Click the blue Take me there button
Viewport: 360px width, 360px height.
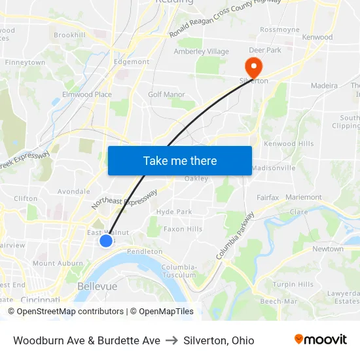click(x=180, y=160)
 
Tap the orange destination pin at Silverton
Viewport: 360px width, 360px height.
click(x=252, y=66)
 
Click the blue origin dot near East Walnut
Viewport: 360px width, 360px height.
click(x=106, y=241)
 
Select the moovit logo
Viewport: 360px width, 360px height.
click(x=321, y=339)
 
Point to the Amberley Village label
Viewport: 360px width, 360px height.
click(x=201, y=52)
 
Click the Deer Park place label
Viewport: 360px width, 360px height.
click(x=264, y=50)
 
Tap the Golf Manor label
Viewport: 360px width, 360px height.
click(x=166, y=94)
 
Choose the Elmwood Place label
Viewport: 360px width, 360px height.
click(x=86, y=94)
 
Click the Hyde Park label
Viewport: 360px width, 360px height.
click(x=174, y=211)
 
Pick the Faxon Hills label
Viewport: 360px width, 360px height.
click(x=183, y=229)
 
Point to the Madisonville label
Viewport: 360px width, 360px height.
click(x=274, y=168)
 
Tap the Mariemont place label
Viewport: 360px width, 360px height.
click(x=304, y=197)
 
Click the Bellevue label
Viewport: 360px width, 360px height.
click(x=97, y=287)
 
